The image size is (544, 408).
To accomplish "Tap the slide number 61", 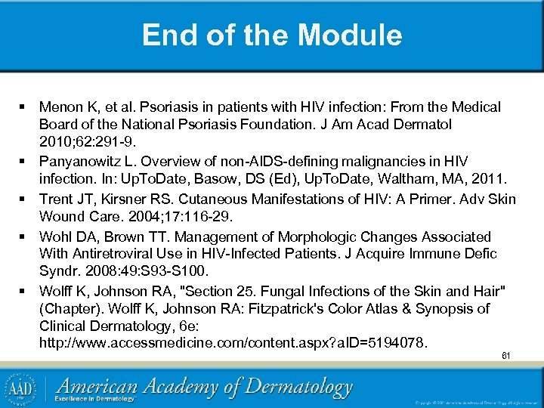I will pyautogui.click(x=505, y=356).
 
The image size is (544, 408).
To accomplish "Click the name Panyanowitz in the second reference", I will pyautogui.click(x=83, y=162).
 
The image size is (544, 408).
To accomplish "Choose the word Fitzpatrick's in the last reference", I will pyautogui.click(x=306, y=309).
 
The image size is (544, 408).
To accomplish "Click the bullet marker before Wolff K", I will pyautogui.click(x=24, y=290).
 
